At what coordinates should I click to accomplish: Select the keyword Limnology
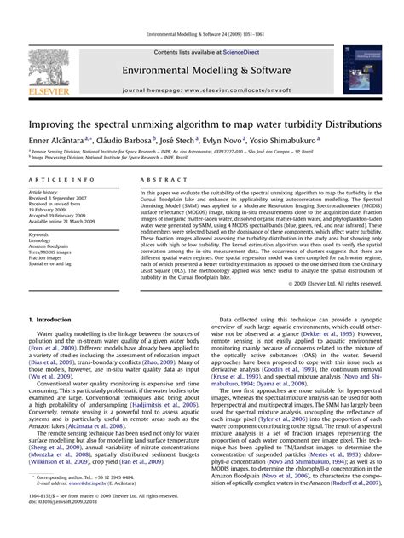42,240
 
